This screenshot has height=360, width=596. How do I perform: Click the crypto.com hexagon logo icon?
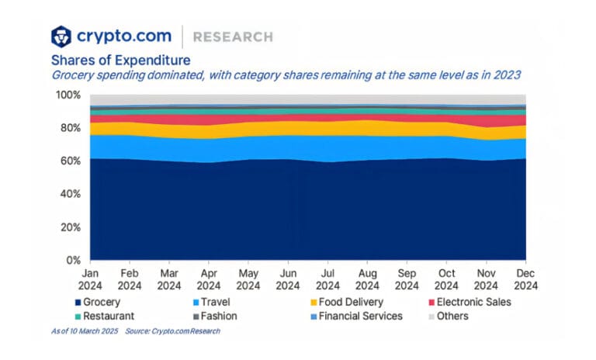tap(61, 36)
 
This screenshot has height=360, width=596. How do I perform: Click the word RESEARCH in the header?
tap(233, 36)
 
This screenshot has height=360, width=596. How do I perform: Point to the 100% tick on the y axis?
tap(68, 95)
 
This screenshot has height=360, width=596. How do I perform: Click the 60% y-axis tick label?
tap(71, 161)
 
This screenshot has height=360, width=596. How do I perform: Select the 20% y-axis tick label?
tap(71, 227)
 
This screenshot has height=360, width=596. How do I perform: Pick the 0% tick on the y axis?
tap(74, 261)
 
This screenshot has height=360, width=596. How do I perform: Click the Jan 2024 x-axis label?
tap(90, 279)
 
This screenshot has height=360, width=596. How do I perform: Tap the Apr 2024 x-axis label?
tap(209, 279)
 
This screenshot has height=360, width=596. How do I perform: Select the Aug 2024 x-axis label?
tap(367, 279)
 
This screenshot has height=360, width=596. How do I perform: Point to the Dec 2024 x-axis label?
tap(525, 279)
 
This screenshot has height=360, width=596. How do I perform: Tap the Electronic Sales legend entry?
tap(468, 301)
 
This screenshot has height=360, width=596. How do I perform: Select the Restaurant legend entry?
tap(105, 316)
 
